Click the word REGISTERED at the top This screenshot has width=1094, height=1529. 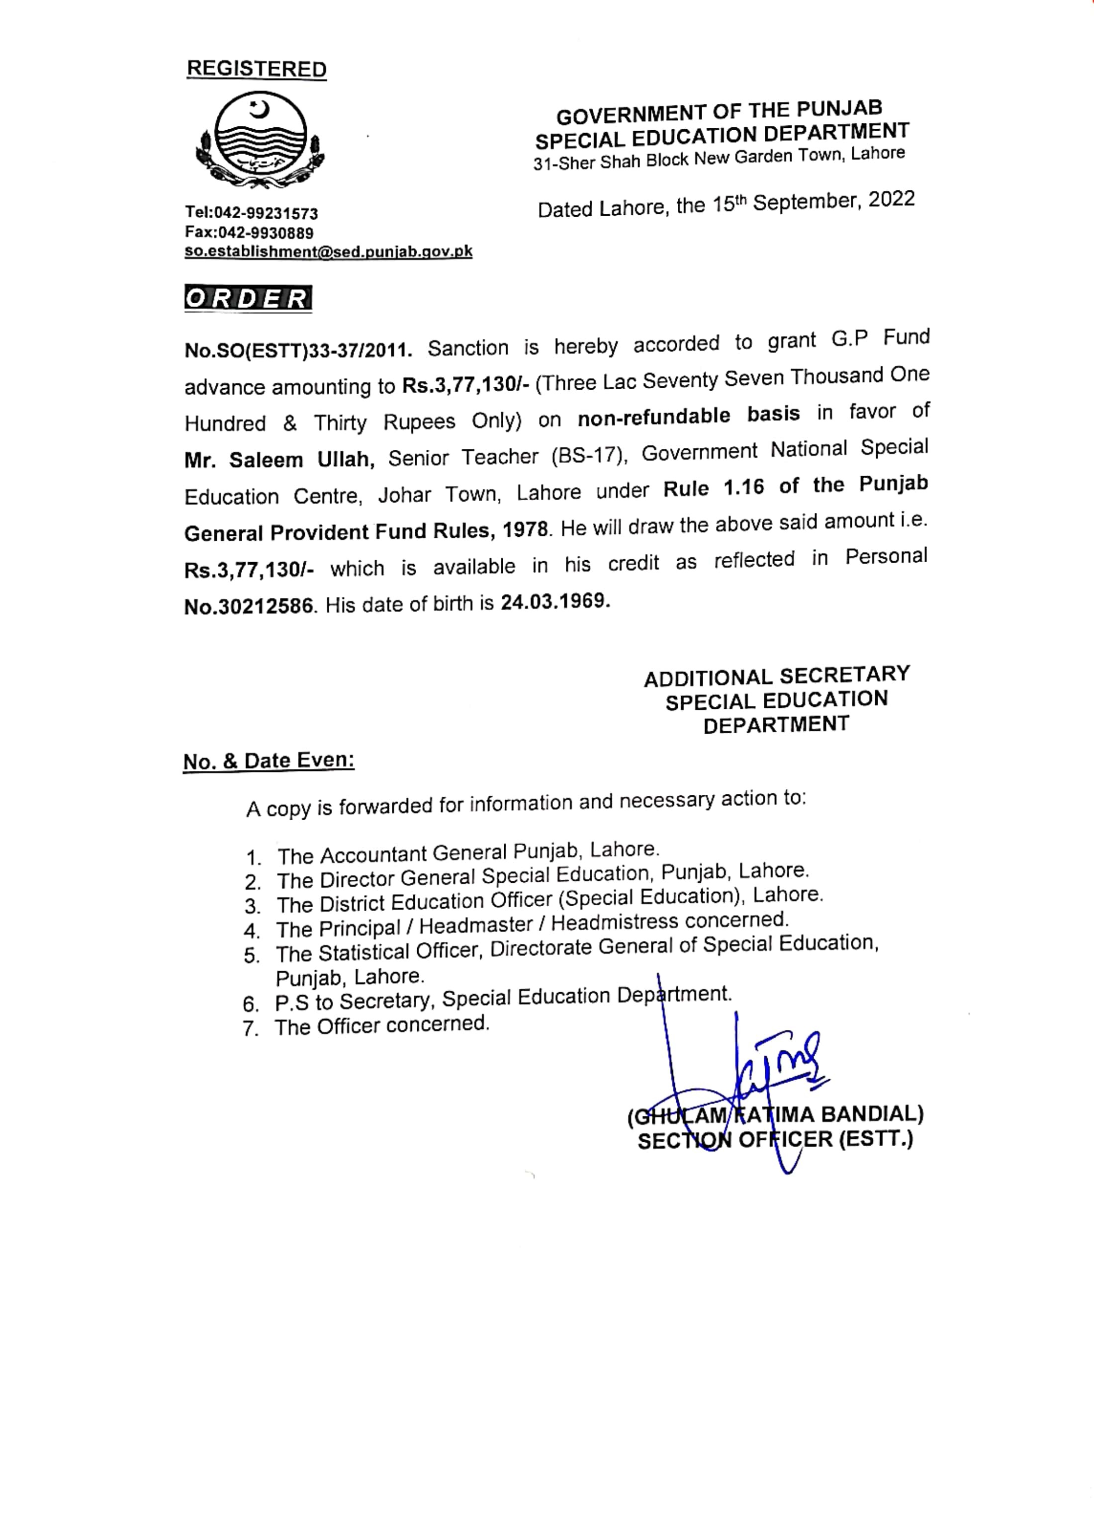tap(257, 69)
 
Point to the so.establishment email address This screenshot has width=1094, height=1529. tap(329, 252)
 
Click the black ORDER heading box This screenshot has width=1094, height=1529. tap(248, 298)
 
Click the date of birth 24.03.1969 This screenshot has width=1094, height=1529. tap(555, 601)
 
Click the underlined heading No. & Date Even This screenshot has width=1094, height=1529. tap(269, 762)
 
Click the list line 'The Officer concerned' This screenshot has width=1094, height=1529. tap(382, 1025)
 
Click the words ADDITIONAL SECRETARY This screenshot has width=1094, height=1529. tap(777, 677)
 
